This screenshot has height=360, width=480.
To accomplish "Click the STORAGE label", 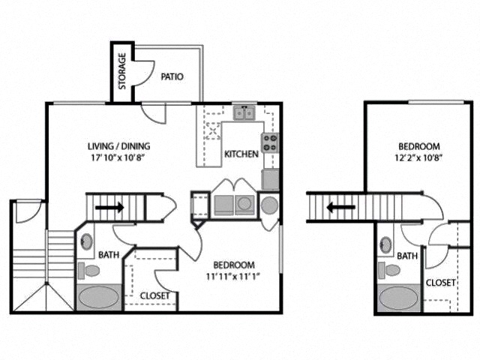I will coord(122,70).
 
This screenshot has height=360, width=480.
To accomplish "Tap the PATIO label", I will coord(172,76).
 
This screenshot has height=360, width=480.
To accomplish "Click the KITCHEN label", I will coord(241,154).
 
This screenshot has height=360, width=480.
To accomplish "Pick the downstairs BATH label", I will coord(109,256).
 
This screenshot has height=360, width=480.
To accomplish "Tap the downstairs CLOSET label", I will coord(155,295).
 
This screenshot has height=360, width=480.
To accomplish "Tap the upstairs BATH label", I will coord(407,256).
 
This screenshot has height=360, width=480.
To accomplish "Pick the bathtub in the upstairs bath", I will coord(397,298).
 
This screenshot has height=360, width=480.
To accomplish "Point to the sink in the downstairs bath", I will coord(87,242).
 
